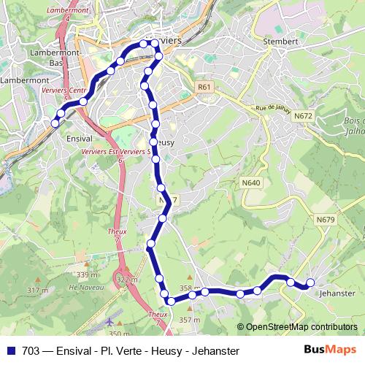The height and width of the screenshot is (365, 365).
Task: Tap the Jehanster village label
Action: [x=337, y=293]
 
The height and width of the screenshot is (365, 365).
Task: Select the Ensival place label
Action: [x=78, y=137]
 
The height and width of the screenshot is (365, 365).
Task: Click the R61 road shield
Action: [x=204, y=87]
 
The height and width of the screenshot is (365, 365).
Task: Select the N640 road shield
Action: [x=250, y=182]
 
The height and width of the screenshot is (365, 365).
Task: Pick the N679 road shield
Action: [x=326, y=219]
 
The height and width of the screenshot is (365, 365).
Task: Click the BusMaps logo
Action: [x=330, y=350]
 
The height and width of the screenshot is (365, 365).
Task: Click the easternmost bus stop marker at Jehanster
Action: [x=310, y=283]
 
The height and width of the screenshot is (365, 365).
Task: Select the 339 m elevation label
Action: [x=88, y=274]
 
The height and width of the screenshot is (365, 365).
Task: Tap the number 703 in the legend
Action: [x=31, y=351]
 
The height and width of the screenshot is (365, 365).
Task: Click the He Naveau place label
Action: [x=83, y=288]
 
